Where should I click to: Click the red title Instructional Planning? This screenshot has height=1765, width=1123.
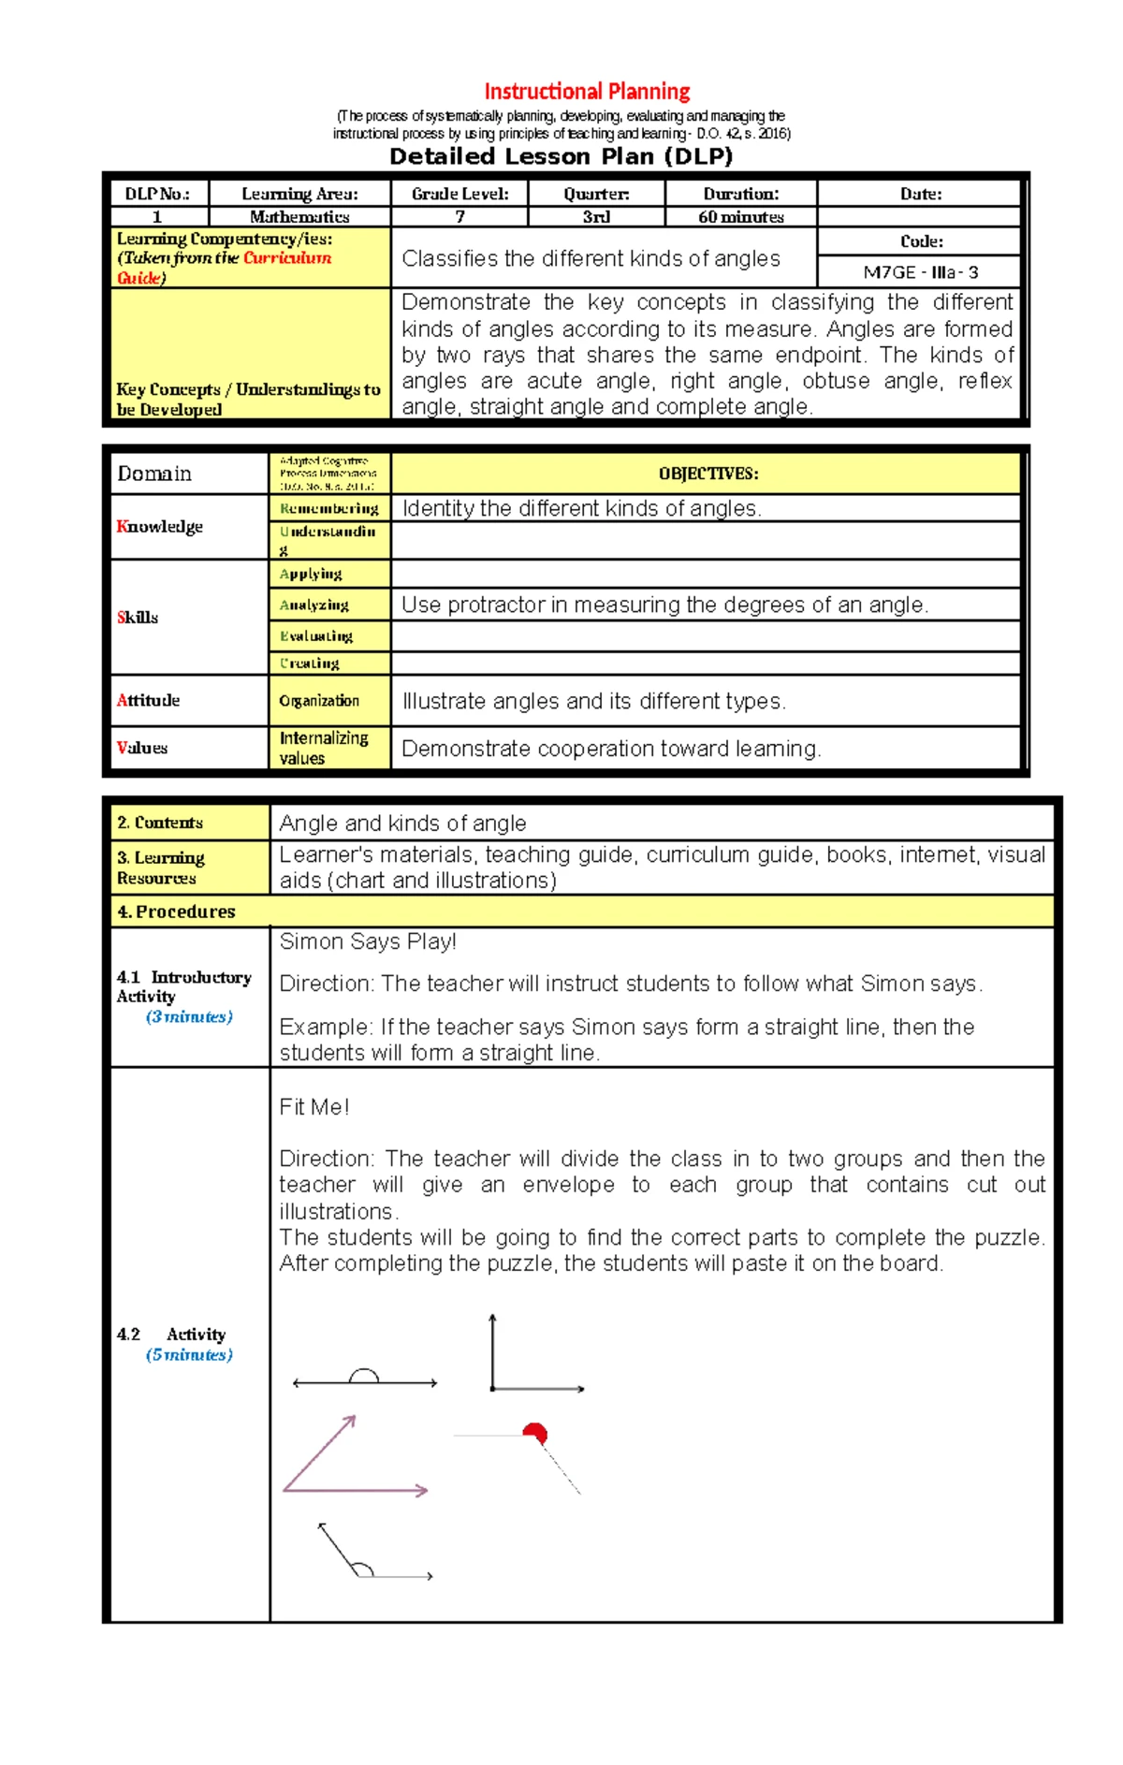coord(587,92)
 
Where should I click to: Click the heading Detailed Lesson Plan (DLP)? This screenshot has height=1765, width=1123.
coord(561,156)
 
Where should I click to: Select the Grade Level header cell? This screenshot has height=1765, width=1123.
coord(459,194)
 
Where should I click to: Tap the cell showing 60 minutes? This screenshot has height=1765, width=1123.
coord(740,217)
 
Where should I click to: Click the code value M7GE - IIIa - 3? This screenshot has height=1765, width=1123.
coord(920,272)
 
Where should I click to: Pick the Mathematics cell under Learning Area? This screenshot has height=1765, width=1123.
coord(299,217)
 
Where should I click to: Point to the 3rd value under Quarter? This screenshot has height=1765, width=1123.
coord(596,217)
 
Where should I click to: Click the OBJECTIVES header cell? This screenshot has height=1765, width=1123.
coord(707,474)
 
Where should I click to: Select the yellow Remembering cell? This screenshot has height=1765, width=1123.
coord(328,508)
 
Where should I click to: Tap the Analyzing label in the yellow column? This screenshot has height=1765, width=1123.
coord(314,605)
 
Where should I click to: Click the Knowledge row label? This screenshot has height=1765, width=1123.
coord(160,526)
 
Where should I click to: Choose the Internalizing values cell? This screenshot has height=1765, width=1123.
coord(324,748)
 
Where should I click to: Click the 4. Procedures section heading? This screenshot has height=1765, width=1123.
coord(177,912)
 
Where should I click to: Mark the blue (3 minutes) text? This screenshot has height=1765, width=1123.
coord(189,1016)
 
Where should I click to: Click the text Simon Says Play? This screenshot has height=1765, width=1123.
coord(368,941)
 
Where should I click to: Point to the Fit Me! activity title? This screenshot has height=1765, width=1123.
coord(314,1107)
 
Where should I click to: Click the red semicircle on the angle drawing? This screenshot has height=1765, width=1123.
coord(535,1432)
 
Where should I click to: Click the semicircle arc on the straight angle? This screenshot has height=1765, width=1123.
coord(363,1375)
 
